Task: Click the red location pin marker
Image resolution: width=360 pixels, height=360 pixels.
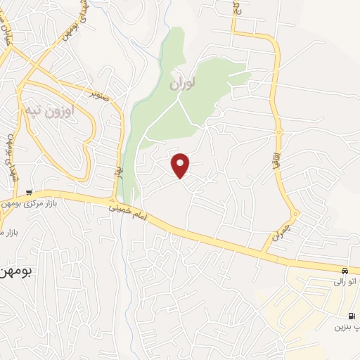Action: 181,165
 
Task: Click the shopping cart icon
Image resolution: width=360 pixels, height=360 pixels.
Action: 28,192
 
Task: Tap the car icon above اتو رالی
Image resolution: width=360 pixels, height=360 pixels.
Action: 344,271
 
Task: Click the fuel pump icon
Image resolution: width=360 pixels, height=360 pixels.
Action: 351,316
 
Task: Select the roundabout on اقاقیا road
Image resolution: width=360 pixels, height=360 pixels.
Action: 279,131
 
